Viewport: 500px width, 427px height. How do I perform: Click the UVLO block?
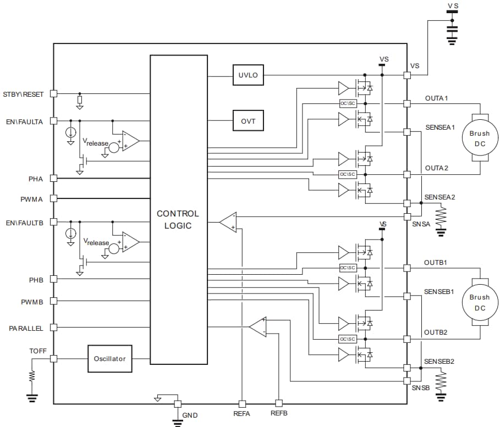(x=248, y=75)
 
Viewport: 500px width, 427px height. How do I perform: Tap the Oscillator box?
(x=109, y=359)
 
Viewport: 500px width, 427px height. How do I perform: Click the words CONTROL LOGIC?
(x=178, y=219)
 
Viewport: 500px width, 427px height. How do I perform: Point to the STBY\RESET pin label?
(x=23, y=94)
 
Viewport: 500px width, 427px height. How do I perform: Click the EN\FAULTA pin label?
(x=23, y=121)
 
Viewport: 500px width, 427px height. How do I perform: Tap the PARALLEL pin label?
(x=26, y=328)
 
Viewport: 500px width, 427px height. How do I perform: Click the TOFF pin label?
(x=38, y=350)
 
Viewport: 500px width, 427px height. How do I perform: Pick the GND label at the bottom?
(x=190, y=415)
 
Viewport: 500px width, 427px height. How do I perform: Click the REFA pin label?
(x=242, y=413)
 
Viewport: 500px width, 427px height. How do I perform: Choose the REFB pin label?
(x=279, y=413)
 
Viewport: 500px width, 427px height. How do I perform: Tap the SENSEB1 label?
(x=438, y=291)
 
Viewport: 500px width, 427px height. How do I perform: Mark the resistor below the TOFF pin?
(x=32, y=376)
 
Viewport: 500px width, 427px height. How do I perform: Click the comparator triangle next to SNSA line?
(x=228, y=222)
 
